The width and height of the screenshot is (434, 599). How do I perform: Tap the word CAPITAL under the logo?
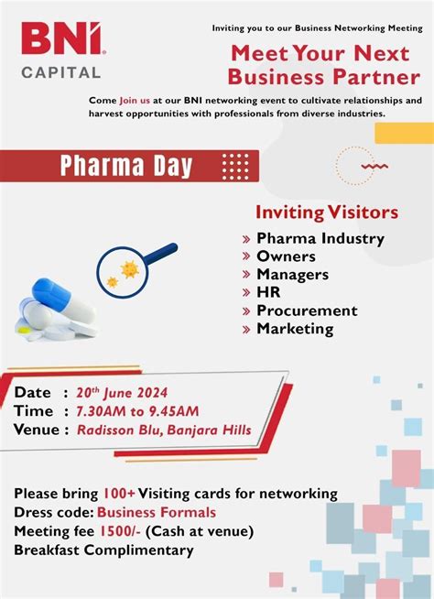[61, 71]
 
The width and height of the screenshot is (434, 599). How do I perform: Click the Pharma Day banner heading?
[126, 166]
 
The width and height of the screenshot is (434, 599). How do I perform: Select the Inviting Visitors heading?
[326, 212]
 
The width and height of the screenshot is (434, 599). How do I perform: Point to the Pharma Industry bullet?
[320, 238]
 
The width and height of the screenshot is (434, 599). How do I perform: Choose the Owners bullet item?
[286, 256]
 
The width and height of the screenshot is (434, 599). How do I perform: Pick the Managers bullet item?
[296, 274]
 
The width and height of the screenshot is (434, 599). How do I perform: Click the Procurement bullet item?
[307, 310]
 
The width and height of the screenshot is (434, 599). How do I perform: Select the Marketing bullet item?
[295, 328]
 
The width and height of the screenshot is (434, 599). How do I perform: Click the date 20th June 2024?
[127, 393]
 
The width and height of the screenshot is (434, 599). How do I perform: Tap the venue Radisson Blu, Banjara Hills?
[164, 430]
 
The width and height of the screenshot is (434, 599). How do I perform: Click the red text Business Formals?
[157, 512]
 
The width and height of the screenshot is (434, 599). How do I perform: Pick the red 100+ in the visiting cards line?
[117, 494]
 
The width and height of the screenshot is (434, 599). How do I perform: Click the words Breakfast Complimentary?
[103, 550]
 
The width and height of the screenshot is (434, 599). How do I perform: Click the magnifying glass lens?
[123, 269]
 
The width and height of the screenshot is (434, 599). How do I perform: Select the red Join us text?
[136, 99]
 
